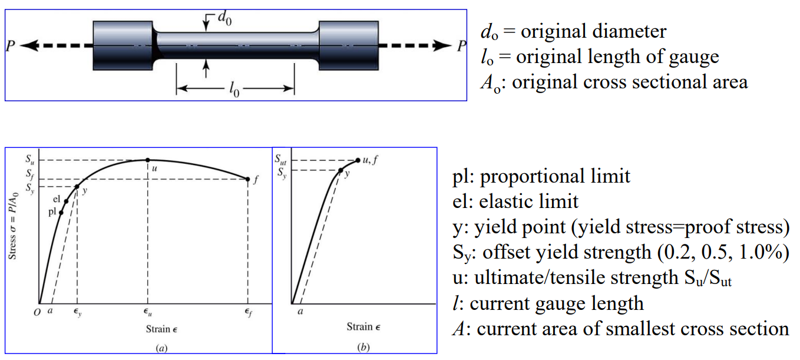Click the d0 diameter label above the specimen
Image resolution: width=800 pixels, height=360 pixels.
(224, 18)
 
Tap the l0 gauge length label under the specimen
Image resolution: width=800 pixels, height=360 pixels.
(234, 89)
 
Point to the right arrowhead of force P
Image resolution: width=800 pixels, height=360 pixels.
(442, 46)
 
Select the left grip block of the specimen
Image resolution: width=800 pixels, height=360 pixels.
(123, 46)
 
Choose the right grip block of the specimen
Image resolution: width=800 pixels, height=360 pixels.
(349, 46)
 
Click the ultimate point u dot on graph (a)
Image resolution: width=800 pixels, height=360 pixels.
(148, 160)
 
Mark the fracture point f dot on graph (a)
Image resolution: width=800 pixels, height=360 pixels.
(248, 179)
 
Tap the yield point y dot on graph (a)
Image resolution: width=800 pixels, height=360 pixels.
(77, 186)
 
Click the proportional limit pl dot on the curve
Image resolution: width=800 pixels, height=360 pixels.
(61, 213)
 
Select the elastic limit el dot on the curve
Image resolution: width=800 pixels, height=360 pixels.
(66, 202)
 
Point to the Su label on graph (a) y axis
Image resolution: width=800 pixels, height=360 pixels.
(30, 159)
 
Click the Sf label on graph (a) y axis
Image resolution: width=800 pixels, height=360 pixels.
(30, 174)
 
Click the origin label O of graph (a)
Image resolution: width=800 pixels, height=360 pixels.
(37, 313)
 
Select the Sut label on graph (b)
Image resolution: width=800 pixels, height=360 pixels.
(280, 159)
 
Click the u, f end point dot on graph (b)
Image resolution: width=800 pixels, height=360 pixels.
(358, 160)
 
